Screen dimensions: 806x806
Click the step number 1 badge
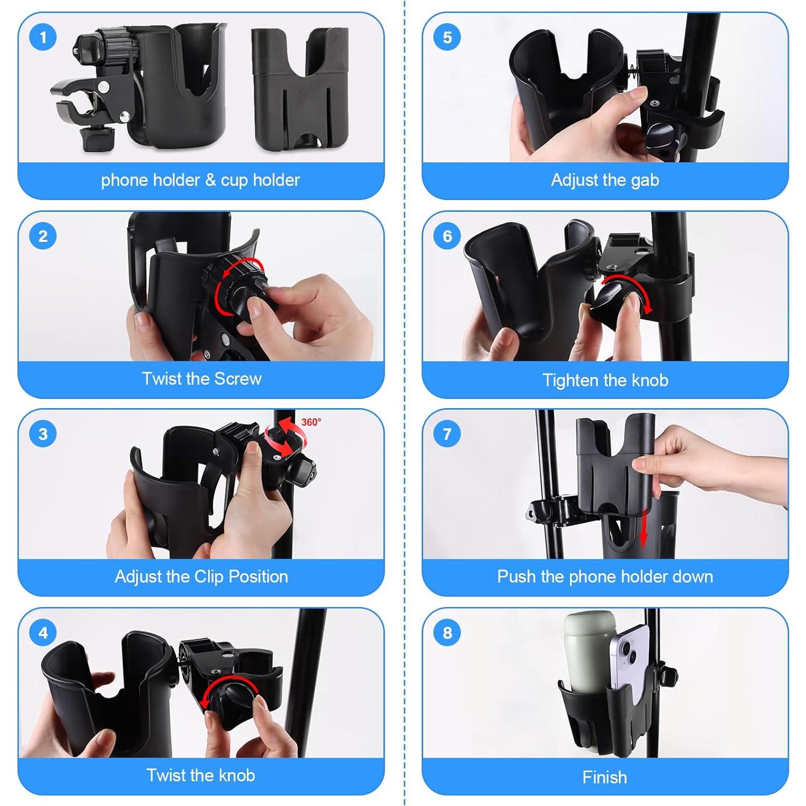coord(43,38)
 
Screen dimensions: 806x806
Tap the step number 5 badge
coord(447,38)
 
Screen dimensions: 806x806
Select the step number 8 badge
coord(447,633)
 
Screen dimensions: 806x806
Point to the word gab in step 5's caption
coord(644,181)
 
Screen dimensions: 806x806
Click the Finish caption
coord(604,777)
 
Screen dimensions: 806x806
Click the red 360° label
coord(311,422)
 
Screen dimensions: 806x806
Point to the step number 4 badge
coord(43,633)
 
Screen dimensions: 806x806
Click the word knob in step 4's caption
coord(233,776)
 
